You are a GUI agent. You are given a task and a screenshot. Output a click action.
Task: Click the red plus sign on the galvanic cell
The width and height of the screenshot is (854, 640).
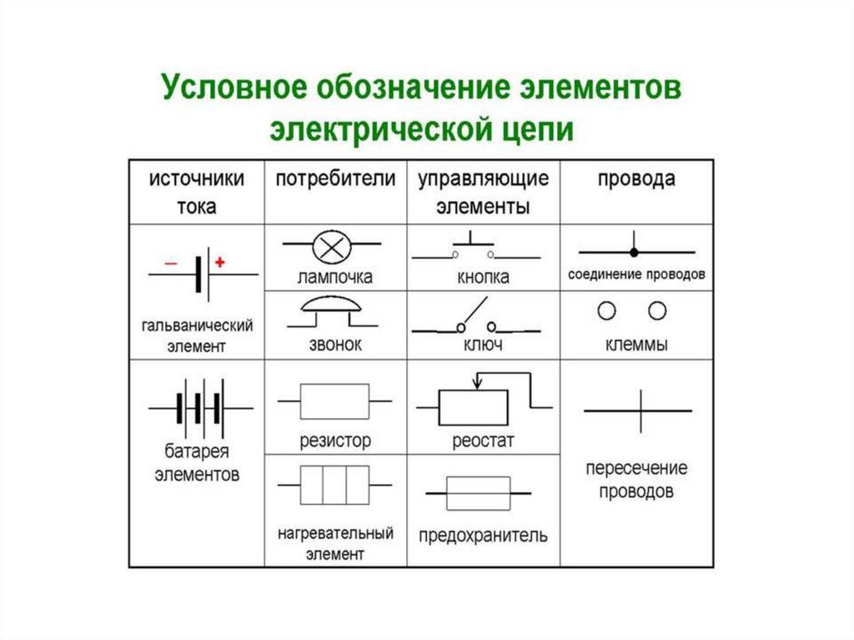tap(220, 262)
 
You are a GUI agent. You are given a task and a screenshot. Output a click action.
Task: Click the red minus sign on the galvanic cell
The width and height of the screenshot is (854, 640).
tap(170, 263)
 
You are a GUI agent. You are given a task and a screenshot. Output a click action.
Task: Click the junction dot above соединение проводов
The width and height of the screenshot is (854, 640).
tap(634, 251)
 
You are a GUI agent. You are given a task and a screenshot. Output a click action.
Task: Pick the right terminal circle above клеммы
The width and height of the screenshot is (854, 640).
tap(658, 311)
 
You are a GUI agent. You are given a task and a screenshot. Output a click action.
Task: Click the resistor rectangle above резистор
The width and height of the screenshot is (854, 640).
tap(334, 401)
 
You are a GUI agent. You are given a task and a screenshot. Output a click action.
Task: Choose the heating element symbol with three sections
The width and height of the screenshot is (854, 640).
tap(334, 483)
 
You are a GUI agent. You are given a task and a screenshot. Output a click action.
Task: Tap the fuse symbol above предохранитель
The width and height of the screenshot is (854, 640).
tap(478, 493)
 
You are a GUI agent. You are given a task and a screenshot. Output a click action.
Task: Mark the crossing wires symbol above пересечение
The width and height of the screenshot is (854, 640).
tap(640, 411)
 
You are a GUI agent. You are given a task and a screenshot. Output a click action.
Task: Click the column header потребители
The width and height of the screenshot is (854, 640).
tap(335, 179)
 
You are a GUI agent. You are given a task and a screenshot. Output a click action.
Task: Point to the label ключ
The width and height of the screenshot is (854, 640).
tap(482, 345)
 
